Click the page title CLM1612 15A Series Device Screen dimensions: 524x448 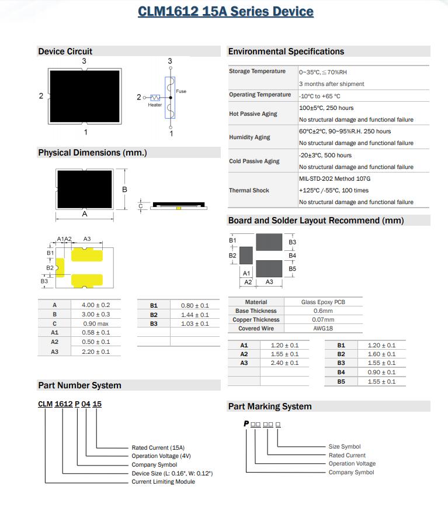point(225,12)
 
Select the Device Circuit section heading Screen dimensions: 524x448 point(65,51)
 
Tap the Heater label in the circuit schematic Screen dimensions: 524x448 point(155,105)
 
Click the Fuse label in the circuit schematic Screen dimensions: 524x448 point(181,91)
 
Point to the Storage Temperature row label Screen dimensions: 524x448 point(257,71)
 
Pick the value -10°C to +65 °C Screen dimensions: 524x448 point(319,96)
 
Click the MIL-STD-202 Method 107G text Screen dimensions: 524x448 point(335,178)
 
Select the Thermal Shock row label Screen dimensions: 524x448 point(249,191)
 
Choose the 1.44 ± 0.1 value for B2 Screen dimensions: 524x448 point(195,315)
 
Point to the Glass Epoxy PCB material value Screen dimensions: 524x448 point(323,302)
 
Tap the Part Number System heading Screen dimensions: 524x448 point(79,385)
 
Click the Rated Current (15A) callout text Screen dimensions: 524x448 point(158,448)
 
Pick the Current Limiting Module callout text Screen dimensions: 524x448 point(164,482)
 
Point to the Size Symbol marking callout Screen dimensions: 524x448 point(345,447)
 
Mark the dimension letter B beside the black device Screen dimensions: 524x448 point(124,190)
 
